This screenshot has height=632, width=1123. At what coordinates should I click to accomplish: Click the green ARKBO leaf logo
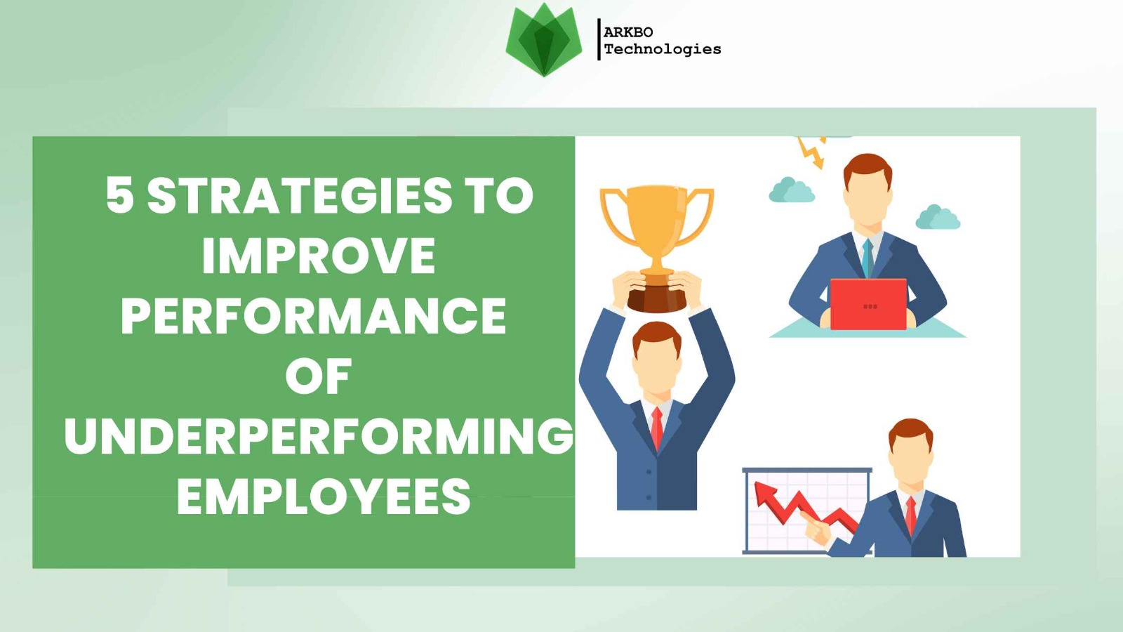(x=544, y=40)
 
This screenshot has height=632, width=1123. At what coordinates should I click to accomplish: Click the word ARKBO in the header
(x=628, y=32)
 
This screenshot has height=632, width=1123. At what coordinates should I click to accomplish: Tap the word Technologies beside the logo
(x=663, y=49)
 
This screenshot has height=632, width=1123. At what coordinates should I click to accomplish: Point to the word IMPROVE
(x=319, y=255)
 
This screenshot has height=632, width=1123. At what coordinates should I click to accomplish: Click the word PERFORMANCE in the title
(x=313, y=315)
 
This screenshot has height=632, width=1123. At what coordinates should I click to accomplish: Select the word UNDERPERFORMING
(x=319, y=435)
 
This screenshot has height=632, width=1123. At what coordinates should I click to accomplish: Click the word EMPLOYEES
(x=324, y=496)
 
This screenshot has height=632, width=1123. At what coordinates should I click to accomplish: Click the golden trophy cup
(x=657, y=246)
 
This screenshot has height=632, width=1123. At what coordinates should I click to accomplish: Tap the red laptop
(x=868, y=304)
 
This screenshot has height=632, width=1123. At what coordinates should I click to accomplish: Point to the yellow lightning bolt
(x=811, y=152)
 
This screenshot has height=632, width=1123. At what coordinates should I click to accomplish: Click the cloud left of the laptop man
(x=792, y=190)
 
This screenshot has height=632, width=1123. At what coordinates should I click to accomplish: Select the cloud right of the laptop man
(x=938, y=217)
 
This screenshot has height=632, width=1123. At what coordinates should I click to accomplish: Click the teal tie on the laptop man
(x=868, y=258)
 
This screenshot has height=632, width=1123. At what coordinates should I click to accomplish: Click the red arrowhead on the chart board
(x=766, y=494)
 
